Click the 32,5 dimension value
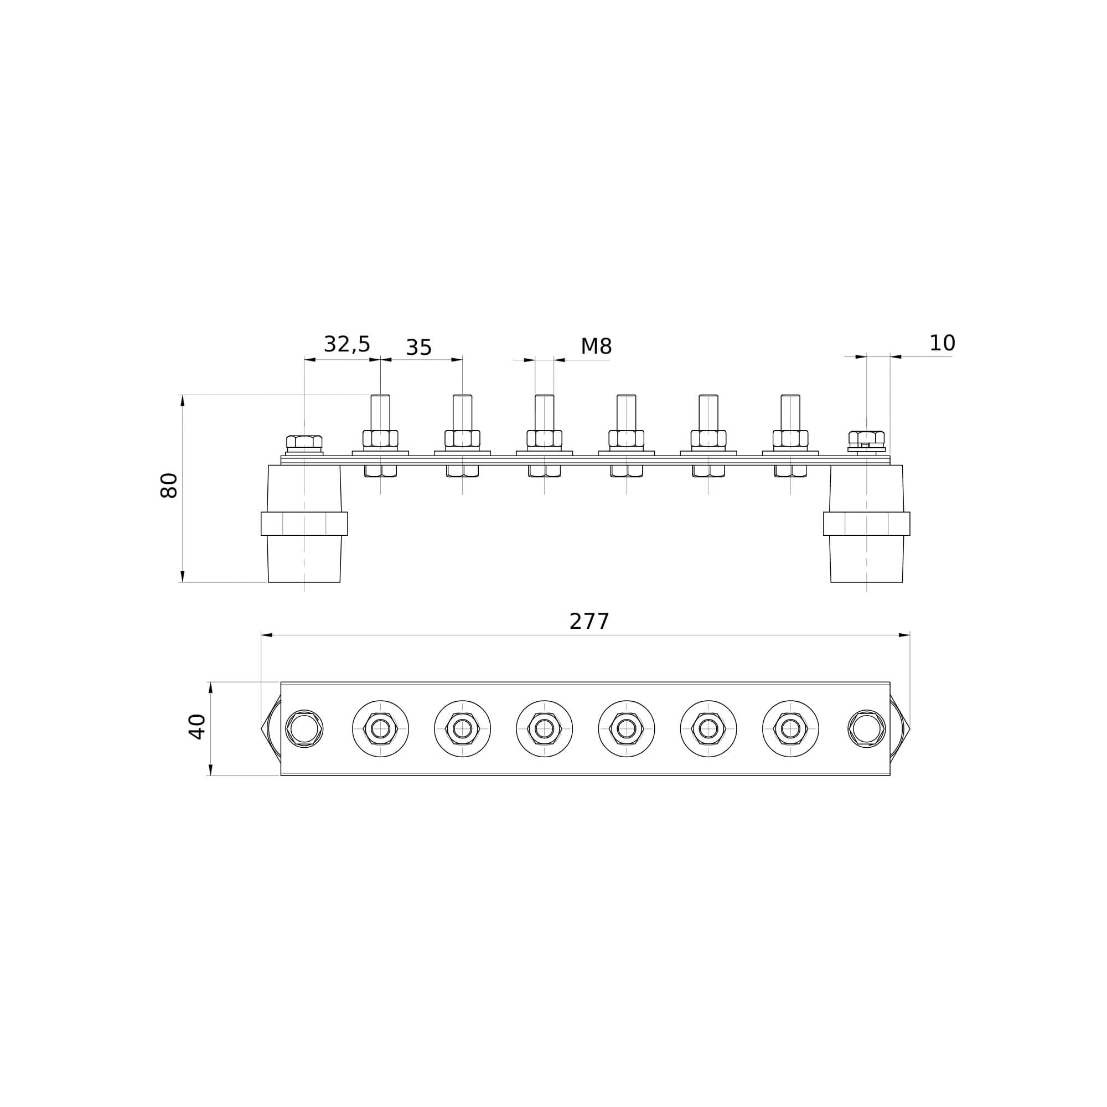tap(346, 344)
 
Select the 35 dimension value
tap(418, 348)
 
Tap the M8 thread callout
tap(596, 346)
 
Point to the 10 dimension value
tap(942, 343)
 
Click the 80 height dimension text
tap(168, 485)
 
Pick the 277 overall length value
tap(589, 622)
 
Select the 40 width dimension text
tap(196, 727)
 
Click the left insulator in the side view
tap(304, 524)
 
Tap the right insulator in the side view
tap(866, 524)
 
